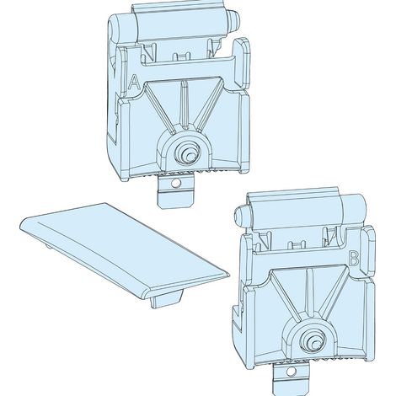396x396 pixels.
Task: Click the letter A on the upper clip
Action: click(134, 83)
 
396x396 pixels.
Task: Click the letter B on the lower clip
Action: click(353, 258)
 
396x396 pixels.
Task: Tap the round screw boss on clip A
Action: click(187, 153)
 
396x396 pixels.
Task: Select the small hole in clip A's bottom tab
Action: click(176, 183)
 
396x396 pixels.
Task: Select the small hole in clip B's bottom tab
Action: click(291, 372)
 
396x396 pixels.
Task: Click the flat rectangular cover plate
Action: click(124, 249)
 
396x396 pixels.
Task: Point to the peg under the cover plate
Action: click(165, 299)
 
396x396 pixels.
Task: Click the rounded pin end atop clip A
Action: click(234, 20)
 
